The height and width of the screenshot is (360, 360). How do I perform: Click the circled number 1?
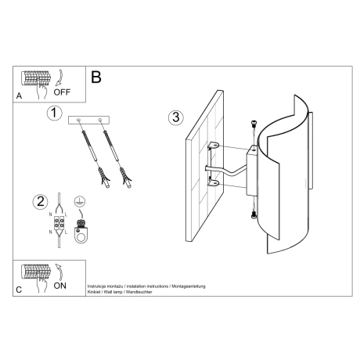pyautogui.click(x=53, y=114)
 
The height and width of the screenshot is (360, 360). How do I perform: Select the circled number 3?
pyautogui.click(x=176, y=118)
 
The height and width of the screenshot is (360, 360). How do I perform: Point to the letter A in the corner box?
pyautogui.click(x=19, y=95)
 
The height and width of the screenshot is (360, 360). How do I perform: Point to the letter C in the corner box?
pyautogui.click(x=19, y=289)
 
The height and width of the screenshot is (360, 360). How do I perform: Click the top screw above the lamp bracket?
pyautogui.click(x=254, y=124)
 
